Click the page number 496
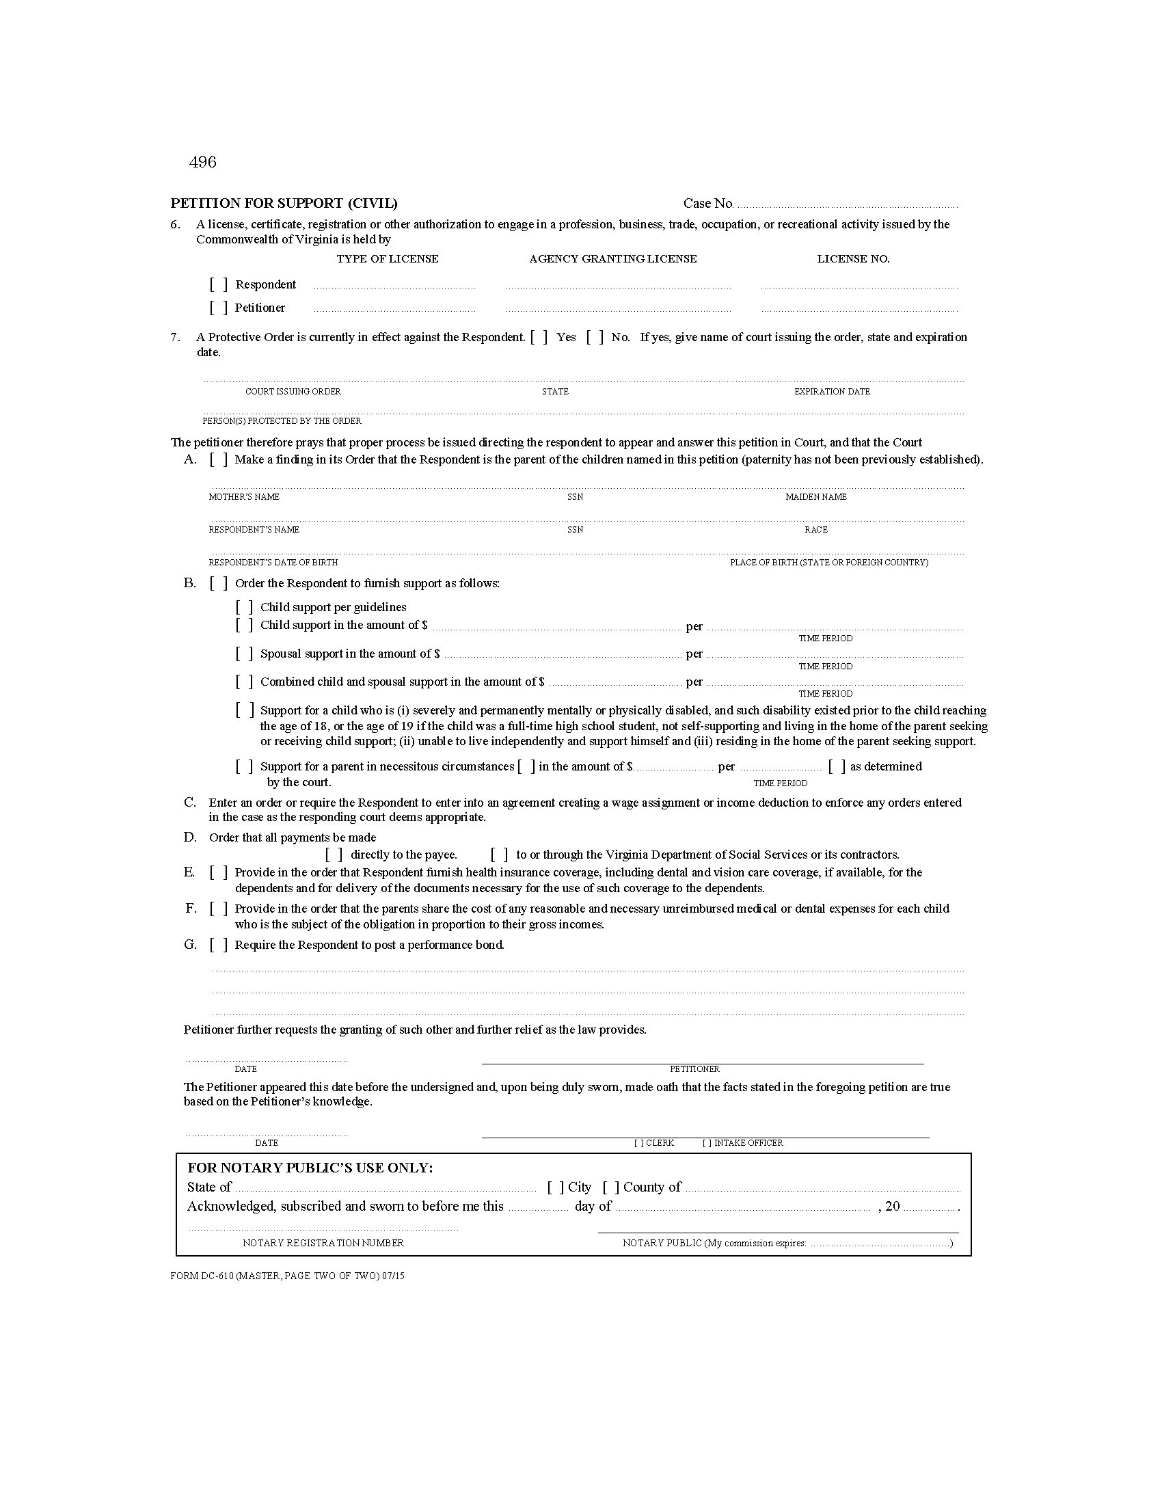[202, 162]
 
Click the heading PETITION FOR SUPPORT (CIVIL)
[284, 203]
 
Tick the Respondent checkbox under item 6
[219, 284]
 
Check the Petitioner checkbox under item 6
[219, 308]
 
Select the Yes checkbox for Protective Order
[539, 338]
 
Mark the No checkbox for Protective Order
[595, 338]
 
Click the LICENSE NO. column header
[853, 259]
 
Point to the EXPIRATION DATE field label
[832, 392]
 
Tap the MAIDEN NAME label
[815, 497]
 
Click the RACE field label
[815, 531]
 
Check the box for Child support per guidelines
[245, 607]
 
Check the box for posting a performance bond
[219, 945]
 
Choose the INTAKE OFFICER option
[742, 1143]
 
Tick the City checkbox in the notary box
[556, 1187]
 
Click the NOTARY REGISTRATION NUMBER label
[323, 1243]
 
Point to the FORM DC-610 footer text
[287, 1276]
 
